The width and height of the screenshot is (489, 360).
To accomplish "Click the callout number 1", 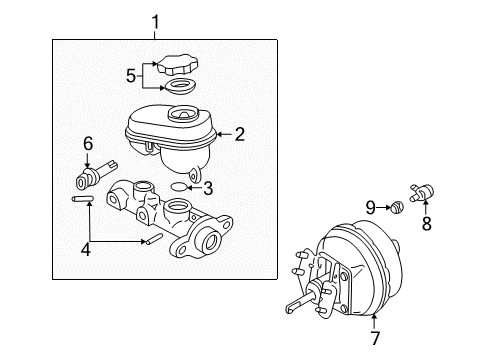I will point(155,20).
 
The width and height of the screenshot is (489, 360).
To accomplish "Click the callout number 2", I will point(240,131).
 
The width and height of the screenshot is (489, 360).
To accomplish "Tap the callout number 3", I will point(207,187).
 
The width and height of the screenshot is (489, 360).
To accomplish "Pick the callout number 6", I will point(87,144).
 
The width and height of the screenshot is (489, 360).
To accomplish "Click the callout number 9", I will point(369,207).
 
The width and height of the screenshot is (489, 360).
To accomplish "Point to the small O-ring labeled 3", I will point(179,187).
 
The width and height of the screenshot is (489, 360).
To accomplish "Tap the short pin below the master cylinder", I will point(155,239).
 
